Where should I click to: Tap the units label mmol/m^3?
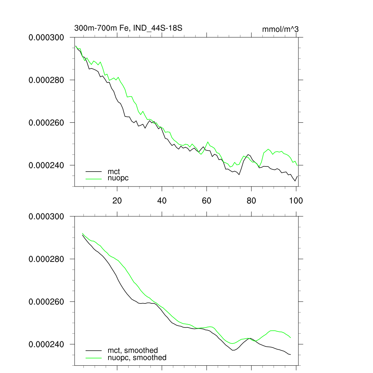coord(280,29)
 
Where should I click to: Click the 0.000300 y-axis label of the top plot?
coord(46,37)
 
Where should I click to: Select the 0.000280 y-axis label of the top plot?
coord(46,80)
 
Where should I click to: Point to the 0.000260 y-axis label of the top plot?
coord(46,122)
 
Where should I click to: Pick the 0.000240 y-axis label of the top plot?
coord(46,165)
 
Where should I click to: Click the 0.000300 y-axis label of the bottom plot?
coord(46,216)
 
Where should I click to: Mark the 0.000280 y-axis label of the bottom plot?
coord(46,259)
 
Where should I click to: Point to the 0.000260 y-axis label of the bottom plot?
coord(46,302)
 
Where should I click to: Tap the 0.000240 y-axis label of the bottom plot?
coord(46,344)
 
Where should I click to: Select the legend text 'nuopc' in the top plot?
coord(118,178)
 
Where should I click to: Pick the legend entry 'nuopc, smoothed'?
coord(137,358)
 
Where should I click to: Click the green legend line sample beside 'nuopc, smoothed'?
coord(94,358)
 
